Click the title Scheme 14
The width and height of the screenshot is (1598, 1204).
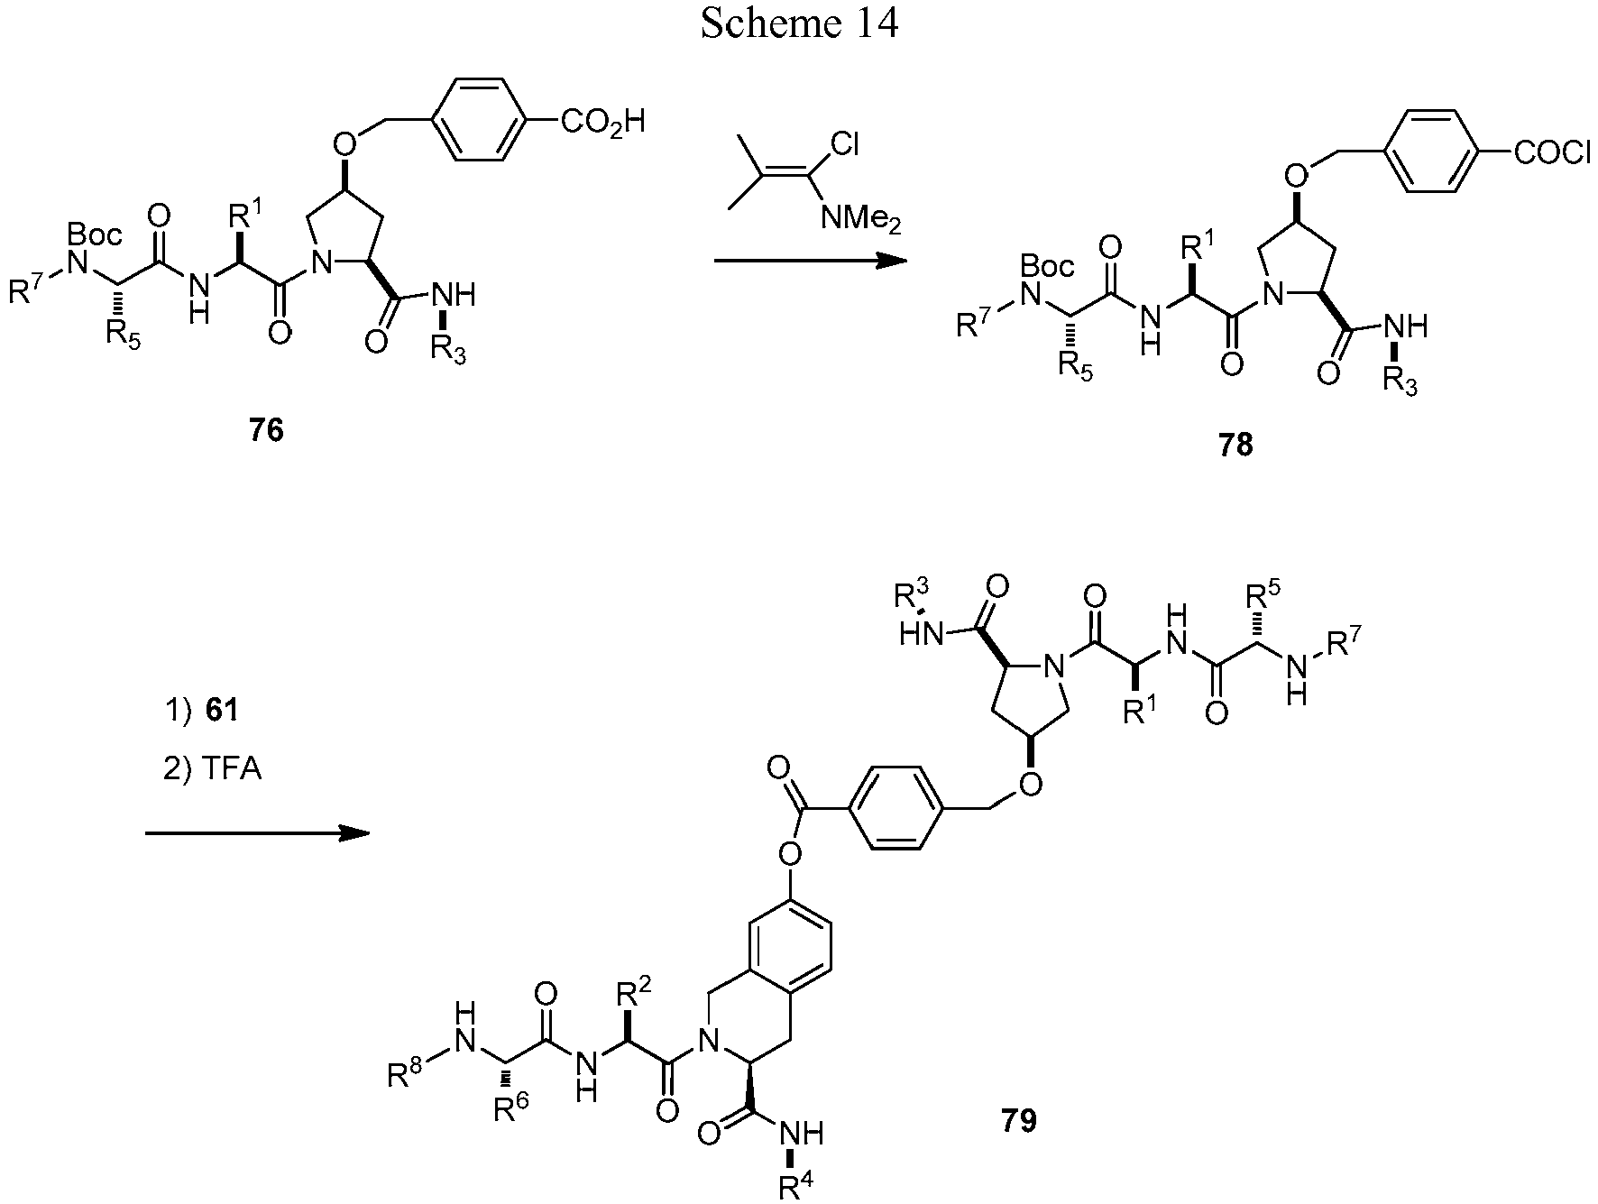tap(799, 24)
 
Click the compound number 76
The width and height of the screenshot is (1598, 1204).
tap(267, 431)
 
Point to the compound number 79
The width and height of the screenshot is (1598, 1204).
tap(1019, 1120)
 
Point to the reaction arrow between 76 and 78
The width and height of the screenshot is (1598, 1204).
tap(810, 262)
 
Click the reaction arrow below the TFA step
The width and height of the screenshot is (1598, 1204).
tap(257, 833)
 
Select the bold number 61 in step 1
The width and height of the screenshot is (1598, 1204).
tap(222, 711)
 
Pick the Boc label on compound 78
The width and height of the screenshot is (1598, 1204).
tap(1048, 266)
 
